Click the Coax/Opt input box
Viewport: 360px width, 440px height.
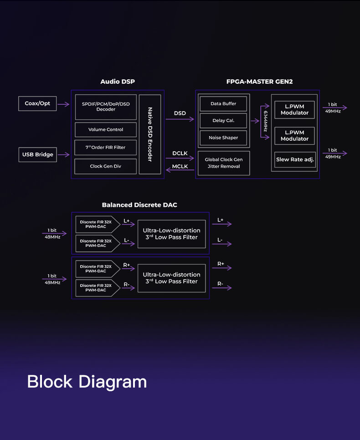(x=37, y=103)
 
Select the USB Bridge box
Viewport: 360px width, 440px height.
(x=37, y=154)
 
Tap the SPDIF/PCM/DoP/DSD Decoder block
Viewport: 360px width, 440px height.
(x=106, y=107)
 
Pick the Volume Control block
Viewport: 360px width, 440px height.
(x=106, y=129)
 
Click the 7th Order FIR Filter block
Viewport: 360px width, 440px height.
(x=106, y=148)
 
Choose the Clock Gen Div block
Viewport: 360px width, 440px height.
(x=106, y=166)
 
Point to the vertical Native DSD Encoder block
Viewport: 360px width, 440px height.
(x=150, y=134)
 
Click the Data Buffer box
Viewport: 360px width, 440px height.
(x=223, y=104)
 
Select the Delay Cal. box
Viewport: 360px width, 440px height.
(x=223, y=121)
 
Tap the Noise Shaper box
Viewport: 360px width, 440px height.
(x=223, y=138)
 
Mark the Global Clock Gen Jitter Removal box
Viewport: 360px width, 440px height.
(x=223, y=163)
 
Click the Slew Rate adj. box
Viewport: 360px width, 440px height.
(x=294, y=160)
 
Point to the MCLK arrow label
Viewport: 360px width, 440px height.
(x=180, y=167)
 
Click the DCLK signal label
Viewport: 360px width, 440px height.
(x=180, y=153)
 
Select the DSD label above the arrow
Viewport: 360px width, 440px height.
(x=180, y=113)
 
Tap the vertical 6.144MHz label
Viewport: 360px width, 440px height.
(x=265, y=121)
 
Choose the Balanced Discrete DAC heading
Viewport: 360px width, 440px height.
(x=139, y=205)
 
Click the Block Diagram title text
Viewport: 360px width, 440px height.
(x=87, y=381)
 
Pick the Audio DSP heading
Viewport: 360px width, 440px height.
(x=118, y=82)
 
